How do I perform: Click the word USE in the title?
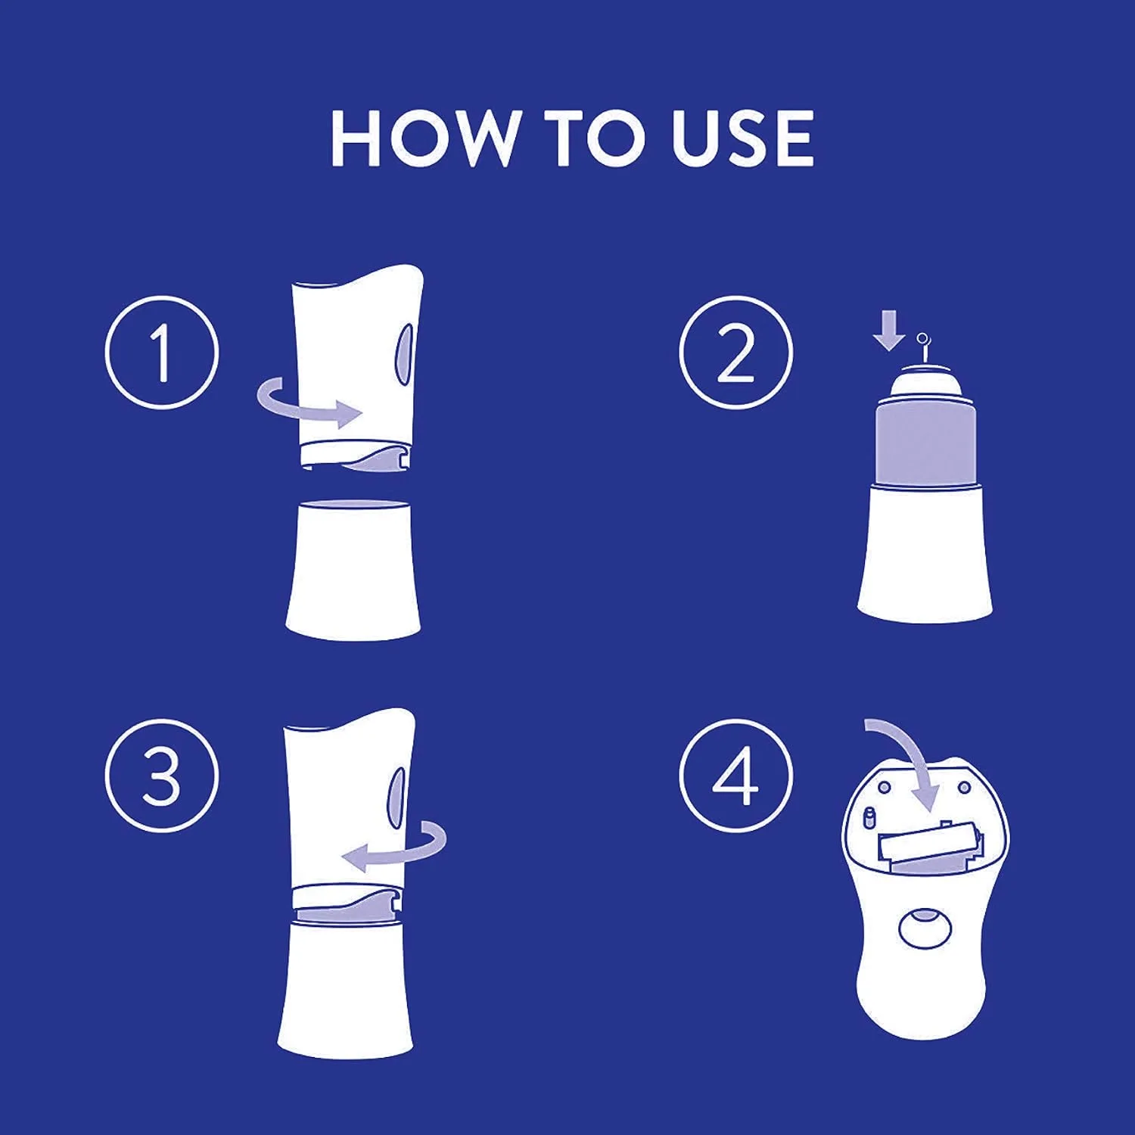click(744, 138)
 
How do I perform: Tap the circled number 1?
click(161, 353)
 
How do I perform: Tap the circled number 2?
click(735, 353)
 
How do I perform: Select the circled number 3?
click(161, 776)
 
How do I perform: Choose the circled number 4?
click(735, 776)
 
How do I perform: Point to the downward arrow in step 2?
click(888, 332)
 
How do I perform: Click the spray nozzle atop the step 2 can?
click(923, 352)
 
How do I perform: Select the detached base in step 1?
click(353, 567)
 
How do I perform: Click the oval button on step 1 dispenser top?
click(406, 353)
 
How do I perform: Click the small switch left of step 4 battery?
click(869, 818)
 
